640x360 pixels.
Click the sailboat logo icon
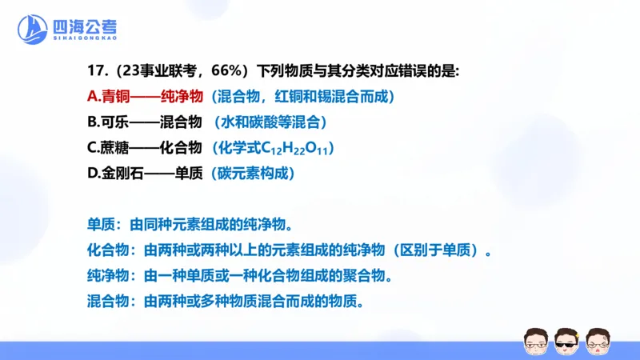(x=32, y=30)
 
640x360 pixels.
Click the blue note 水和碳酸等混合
(x=270, y=123)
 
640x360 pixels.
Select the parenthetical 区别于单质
(x=441, y=251)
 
